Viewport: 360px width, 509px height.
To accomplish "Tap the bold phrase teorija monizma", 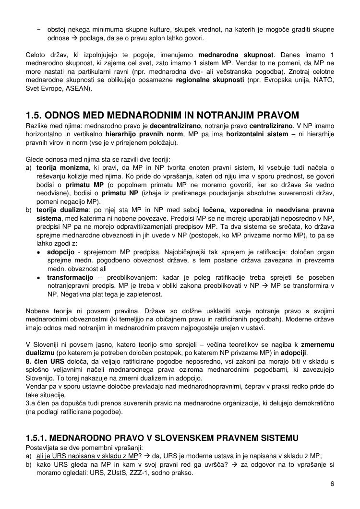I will (62, 167).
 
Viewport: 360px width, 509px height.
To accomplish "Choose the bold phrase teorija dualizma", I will (62, 210).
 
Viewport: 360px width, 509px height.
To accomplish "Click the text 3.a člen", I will (39, 403).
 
